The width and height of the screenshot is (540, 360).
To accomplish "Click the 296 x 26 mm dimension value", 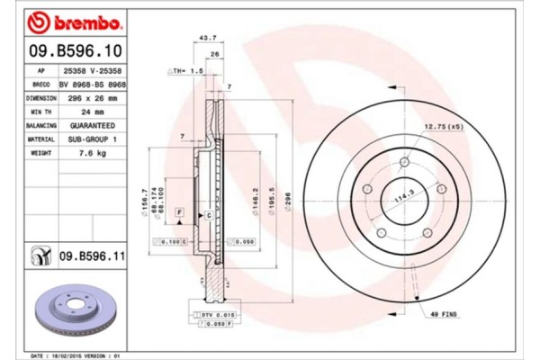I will [x=88, y=97].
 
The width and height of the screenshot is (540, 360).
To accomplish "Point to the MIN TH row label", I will [x=41, y=112].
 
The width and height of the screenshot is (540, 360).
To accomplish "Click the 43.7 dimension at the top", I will [x=207, y=38].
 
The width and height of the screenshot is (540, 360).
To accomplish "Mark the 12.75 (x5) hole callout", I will [x=443, y=128].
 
